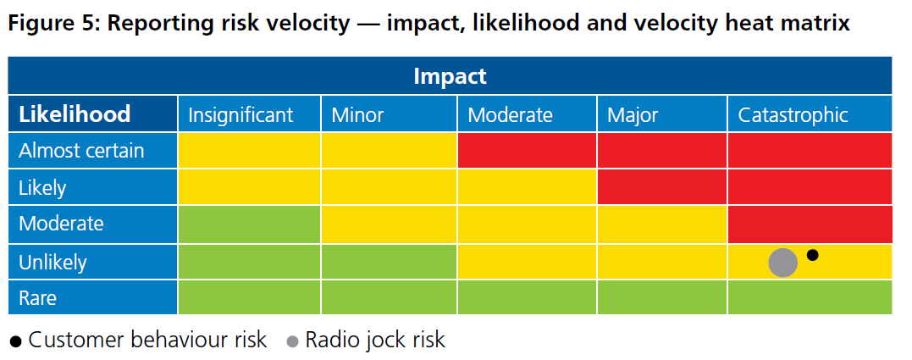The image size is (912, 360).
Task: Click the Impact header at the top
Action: coord(450,76)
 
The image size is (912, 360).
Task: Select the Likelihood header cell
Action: coord(75,114)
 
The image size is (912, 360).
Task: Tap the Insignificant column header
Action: coord(240,115)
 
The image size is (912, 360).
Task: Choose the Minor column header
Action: coord(357,115)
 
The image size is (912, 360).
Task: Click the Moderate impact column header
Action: coord(510,115)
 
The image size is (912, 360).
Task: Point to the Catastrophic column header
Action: coord(793,115)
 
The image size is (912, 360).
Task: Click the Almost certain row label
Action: coord(81,151)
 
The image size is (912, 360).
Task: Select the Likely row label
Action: coord(42,187)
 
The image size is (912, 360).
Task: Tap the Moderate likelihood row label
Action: coord(61,224)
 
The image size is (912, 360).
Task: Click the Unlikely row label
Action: coord(53,263)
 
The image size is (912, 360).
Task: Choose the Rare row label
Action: coord(37,298)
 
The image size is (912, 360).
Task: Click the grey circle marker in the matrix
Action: coord(782,263)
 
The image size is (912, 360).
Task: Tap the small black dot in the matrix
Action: coord(812,254)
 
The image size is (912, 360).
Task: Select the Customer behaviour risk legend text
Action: coord(147,341)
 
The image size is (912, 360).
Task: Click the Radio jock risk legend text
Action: coord(374,341)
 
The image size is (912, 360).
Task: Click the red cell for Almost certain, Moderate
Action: coord(527,151)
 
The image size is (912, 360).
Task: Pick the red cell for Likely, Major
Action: coord(662,187)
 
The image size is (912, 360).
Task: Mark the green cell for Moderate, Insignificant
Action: coord(249,224)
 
